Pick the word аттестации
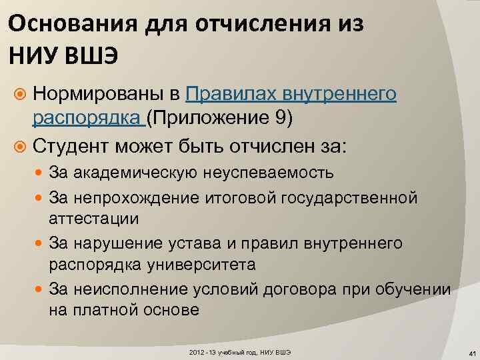coord(93,219)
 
